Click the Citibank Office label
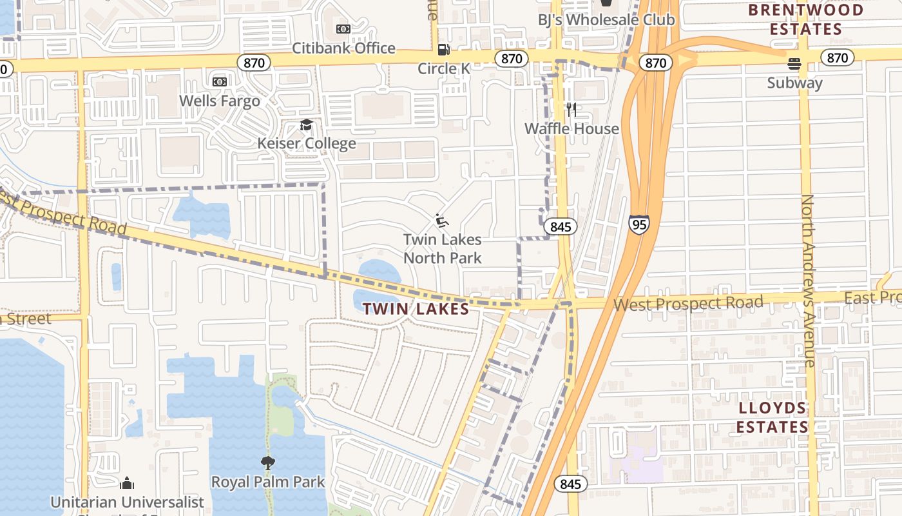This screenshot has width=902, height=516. (x=343, y=48)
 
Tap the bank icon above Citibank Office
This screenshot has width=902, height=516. (x=343, y=29)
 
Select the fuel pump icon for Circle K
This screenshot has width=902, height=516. (x=443, y=49)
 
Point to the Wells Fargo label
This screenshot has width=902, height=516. (x=220, y=101)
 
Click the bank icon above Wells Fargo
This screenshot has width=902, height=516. (x=220, y=82)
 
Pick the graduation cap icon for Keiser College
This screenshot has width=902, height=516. (x=306, y=124)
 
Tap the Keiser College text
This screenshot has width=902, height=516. (x=307, y=143)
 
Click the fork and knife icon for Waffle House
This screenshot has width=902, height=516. (x=571, y=110)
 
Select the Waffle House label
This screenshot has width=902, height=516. (x=571, y=128)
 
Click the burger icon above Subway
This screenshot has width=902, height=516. (x=794, y=64)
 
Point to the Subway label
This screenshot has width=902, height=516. (x=795, y=83)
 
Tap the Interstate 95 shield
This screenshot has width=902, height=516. (x=638, y=224)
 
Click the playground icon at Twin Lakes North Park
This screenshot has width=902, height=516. (x=442, y=221)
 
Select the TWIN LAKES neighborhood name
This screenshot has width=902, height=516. (x=416, y=309)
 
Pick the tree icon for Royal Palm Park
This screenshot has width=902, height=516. (x=268, y=462)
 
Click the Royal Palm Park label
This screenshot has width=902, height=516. (x=268, y=482)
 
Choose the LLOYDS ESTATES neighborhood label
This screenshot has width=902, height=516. (x=772, y=417)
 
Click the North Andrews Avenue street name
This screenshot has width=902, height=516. (x=809, y=281)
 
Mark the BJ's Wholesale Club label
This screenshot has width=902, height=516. (x=606, y=20)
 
